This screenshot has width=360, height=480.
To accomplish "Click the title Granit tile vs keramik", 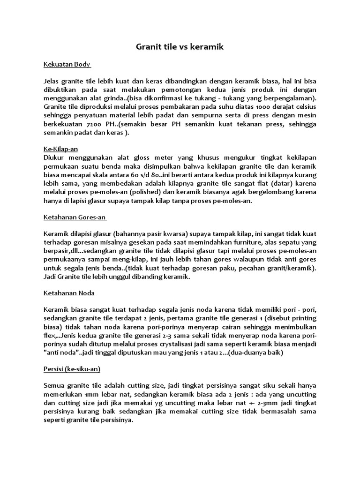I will pyautogui.click(x=180, y=47).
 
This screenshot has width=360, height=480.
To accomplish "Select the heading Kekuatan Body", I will pyautogui.click(x=67, y=64).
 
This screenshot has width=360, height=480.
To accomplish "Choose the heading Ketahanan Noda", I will pyautogui.click(x=69, y=293).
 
